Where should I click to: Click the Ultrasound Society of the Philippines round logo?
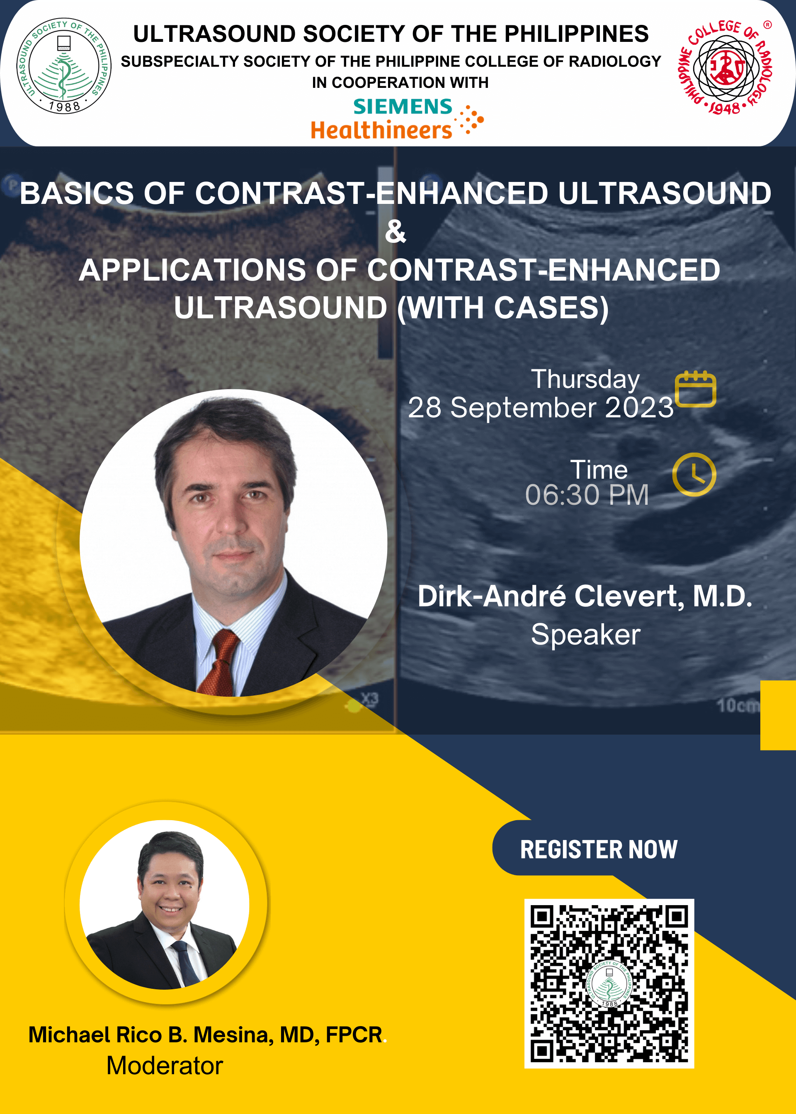(64, 66)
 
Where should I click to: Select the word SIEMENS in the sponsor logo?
(403, 107)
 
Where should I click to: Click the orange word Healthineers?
(381, 130)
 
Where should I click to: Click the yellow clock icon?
(694, 474)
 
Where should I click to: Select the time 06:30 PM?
(587, 495)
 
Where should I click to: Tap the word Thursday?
(585, 379)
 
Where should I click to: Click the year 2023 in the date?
(639, 407)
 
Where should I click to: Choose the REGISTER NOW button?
(599, 850)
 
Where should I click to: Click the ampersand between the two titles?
(396, 231)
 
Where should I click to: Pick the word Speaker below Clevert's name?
(586, 635)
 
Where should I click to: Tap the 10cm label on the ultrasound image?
(738, 705)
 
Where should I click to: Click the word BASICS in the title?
(76, 193)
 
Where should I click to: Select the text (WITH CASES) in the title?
(503, 308)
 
